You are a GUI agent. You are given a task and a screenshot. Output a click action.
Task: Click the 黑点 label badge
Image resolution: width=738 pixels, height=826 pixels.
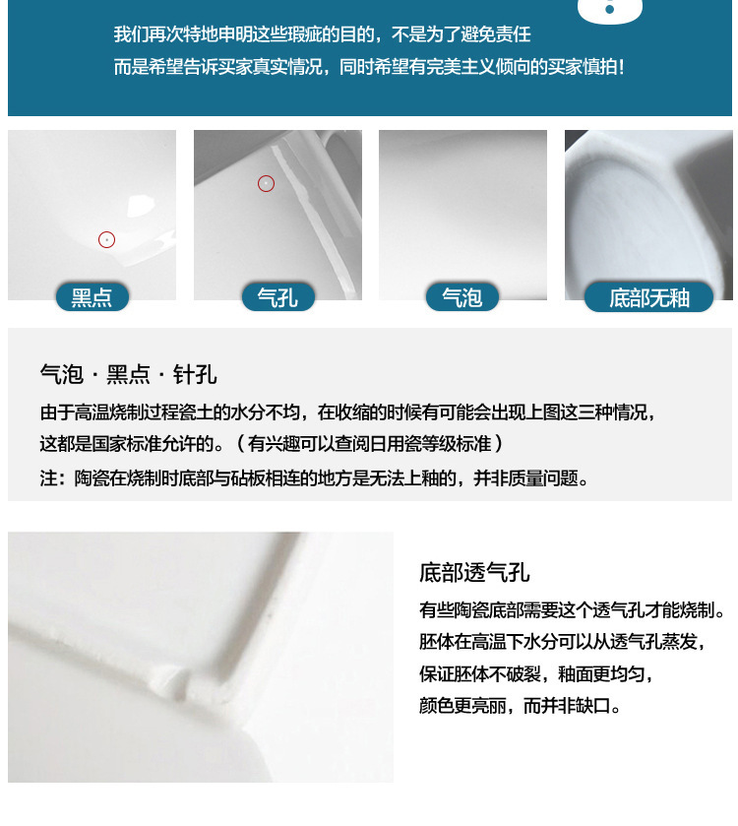click(x=92, y=297)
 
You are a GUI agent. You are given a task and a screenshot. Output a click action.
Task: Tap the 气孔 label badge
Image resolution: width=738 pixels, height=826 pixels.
click(x=277, y=297)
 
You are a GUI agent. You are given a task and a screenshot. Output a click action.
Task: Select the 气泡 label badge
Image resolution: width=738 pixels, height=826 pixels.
click(x=462, y=297)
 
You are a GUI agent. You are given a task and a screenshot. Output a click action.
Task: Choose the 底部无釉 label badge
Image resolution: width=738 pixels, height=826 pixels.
click(x=649, y=297)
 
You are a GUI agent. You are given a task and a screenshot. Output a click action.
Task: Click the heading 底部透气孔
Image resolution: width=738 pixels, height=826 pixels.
click(x=474, y=573)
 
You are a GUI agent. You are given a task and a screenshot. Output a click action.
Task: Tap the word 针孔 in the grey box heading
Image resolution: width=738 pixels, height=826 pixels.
click(x=195, y=374)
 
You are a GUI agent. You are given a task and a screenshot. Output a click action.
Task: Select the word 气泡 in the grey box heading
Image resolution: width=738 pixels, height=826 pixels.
click(x=62, y=374)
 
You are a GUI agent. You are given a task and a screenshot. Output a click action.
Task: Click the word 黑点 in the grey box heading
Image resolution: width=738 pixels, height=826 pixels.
click(x=129, y=374)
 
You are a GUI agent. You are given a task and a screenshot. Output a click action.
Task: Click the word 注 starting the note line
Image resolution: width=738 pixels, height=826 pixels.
click(x=48, y=478)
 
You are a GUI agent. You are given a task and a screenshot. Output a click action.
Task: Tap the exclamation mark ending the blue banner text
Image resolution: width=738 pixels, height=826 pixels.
click(x=622, y=67)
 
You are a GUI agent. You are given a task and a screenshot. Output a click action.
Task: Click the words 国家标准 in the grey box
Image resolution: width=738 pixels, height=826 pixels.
click(x=126, y=444)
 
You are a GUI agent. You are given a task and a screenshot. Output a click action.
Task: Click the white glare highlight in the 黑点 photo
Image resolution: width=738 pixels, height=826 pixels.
click(x=140, y=205)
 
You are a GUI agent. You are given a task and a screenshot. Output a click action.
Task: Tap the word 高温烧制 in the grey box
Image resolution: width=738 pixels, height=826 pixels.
click(x=109, y=412)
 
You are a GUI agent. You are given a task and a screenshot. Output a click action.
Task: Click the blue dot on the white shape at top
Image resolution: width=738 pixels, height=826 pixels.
click(x=609, y=10)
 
